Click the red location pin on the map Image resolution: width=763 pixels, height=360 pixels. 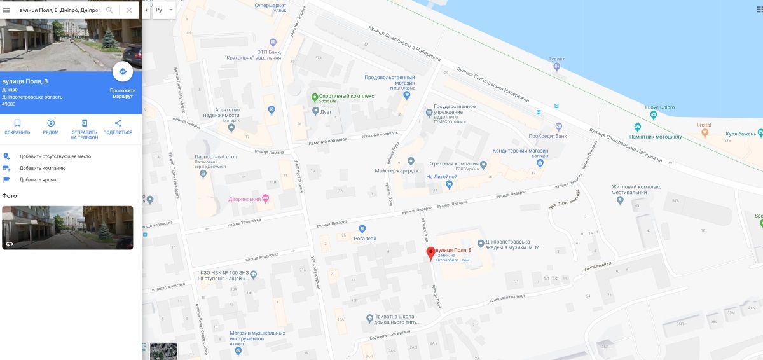430,253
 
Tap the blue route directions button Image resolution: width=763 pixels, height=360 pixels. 122,72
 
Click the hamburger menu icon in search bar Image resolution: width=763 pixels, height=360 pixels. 7,10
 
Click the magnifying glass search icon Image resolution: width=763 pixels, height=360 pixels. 109,10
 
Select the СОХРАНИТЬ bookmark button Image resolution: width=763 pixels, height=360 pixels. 17,127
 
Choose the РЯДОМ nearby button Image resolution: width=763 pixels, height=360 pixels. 51,127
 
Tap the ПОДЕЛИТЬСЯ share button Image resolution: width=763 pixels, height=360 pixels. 118,127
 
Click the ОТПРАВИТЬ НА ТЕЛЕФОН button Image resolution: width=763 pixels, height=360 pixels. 84,128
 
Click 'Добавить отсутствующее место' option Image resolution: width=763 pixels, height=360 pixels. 55,156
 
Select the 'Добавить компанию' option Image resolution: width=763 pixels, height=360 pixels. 42,168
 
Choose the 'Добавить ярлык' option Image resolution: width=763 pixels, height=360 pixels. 38,179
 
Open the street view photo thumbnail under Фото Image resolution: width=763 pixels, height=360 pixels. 67,227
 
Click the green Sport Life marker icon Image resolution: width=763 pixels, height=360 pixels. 315,97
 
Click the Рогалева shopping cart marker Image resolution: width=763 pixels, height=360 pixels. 362,228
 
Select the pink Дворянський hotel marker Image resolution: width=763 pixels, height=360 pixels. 266,199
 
